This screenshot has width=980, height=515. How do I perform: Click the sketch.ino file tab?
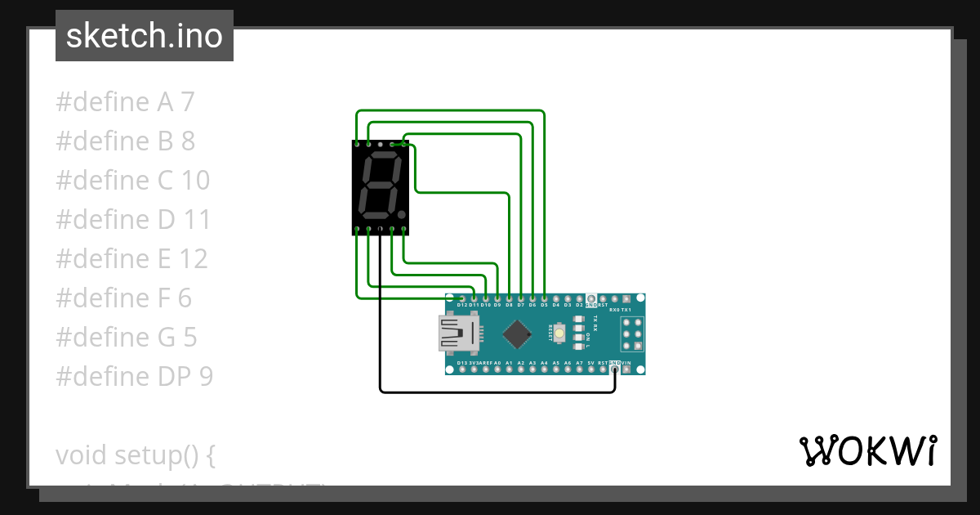145,36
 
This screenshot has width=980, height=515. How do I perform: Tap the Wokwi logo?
867,450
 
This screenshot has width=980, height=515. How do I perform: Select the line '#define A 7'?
125,102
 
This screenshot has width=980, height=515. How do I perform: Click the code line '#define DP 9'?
134,377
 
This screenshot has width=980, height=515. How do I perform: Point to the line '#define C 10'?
132,181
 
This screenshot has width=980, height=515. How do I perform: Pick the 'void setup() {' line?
135,455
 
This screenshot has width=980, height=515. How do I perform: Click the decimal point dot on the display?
402,216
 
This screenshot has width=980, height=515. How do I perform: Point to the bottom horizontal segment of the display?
377,217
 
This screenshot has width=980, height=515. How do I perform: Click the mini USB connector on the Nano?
457,334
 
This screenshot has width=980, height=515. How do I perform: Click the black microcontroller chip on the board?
516,334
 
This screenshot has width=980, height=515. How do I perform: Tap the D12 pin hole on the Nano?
462,298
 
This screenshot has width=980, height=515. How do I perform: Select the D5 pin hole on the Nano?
544,298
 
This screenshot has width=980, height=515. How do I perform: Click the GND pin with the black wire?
614,369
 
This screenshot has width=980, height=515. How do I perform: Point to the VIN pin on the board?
626,369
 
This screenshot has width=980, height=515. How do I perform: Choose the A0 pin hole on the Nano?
497,369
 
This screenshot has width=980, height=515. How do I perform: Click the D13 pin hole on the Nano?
462,369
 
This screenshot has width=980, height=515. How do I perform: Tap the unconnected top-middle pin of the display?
381,144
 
